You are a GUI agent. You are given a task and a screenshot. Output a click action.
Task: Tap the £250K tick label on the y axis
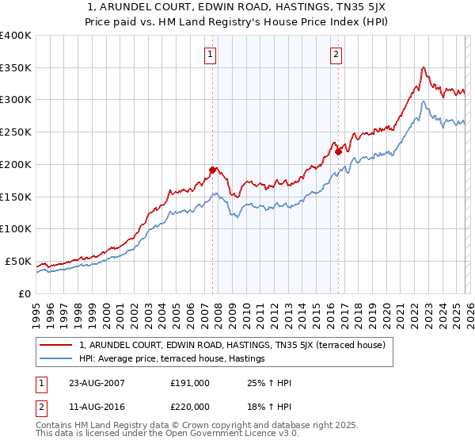tap(16, 132)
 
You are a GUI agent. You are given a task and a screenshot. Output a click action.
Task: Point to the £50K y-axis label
tap(18, 261)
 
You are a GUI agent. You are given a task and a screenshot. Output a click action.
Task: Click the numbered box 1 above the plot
tap(211, 55)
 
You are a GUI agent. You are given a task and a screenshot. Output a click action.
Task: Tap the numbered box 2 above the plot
tap(336, 55)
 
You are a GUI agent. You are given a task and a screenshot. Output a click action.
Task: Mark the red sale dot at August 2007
tap(212, 170)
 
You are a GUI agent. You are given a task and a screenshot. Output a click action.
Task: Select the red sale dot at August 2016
tap(338, 151)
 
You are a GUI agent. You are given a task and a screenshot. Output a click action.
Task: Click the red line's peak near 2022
tap(424, 67)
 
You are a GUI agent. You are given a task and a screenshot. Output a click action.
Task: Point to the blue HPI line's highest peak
tap(424, 101)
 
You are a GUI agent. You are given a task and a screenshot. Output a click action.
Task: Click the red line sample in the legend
tap(57, 345)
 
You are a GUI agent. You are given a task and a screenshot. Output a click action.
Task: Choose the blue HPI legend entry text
tap(172, 359)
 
